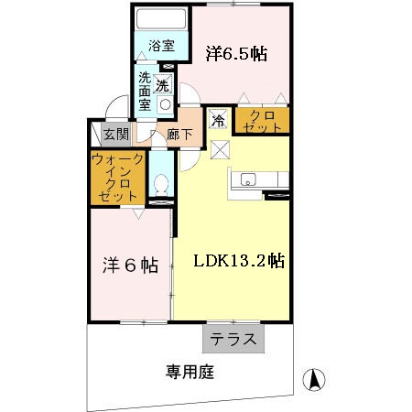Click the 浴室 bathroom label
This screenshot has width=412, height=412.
(161, 42)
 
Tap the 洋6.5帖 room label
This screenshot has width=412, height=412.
(235, 54)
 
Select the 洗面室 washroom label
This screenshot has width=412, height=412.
(146, 92)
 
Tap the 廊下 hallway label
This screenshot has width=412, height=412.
(180, 135)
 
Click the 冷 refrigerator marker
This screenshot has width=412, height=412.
(219, 119)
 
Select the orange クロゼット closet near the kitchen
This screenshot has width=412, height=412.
(262, 120)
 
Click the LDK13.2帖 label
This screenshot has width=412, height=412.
(238, 260)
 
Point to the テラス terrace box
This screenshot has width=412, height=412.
(233, 339)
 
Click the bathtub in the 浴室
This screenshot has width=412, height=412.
(161, 19)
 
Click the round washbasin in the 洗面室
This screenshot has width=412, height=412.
(165, 103)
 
